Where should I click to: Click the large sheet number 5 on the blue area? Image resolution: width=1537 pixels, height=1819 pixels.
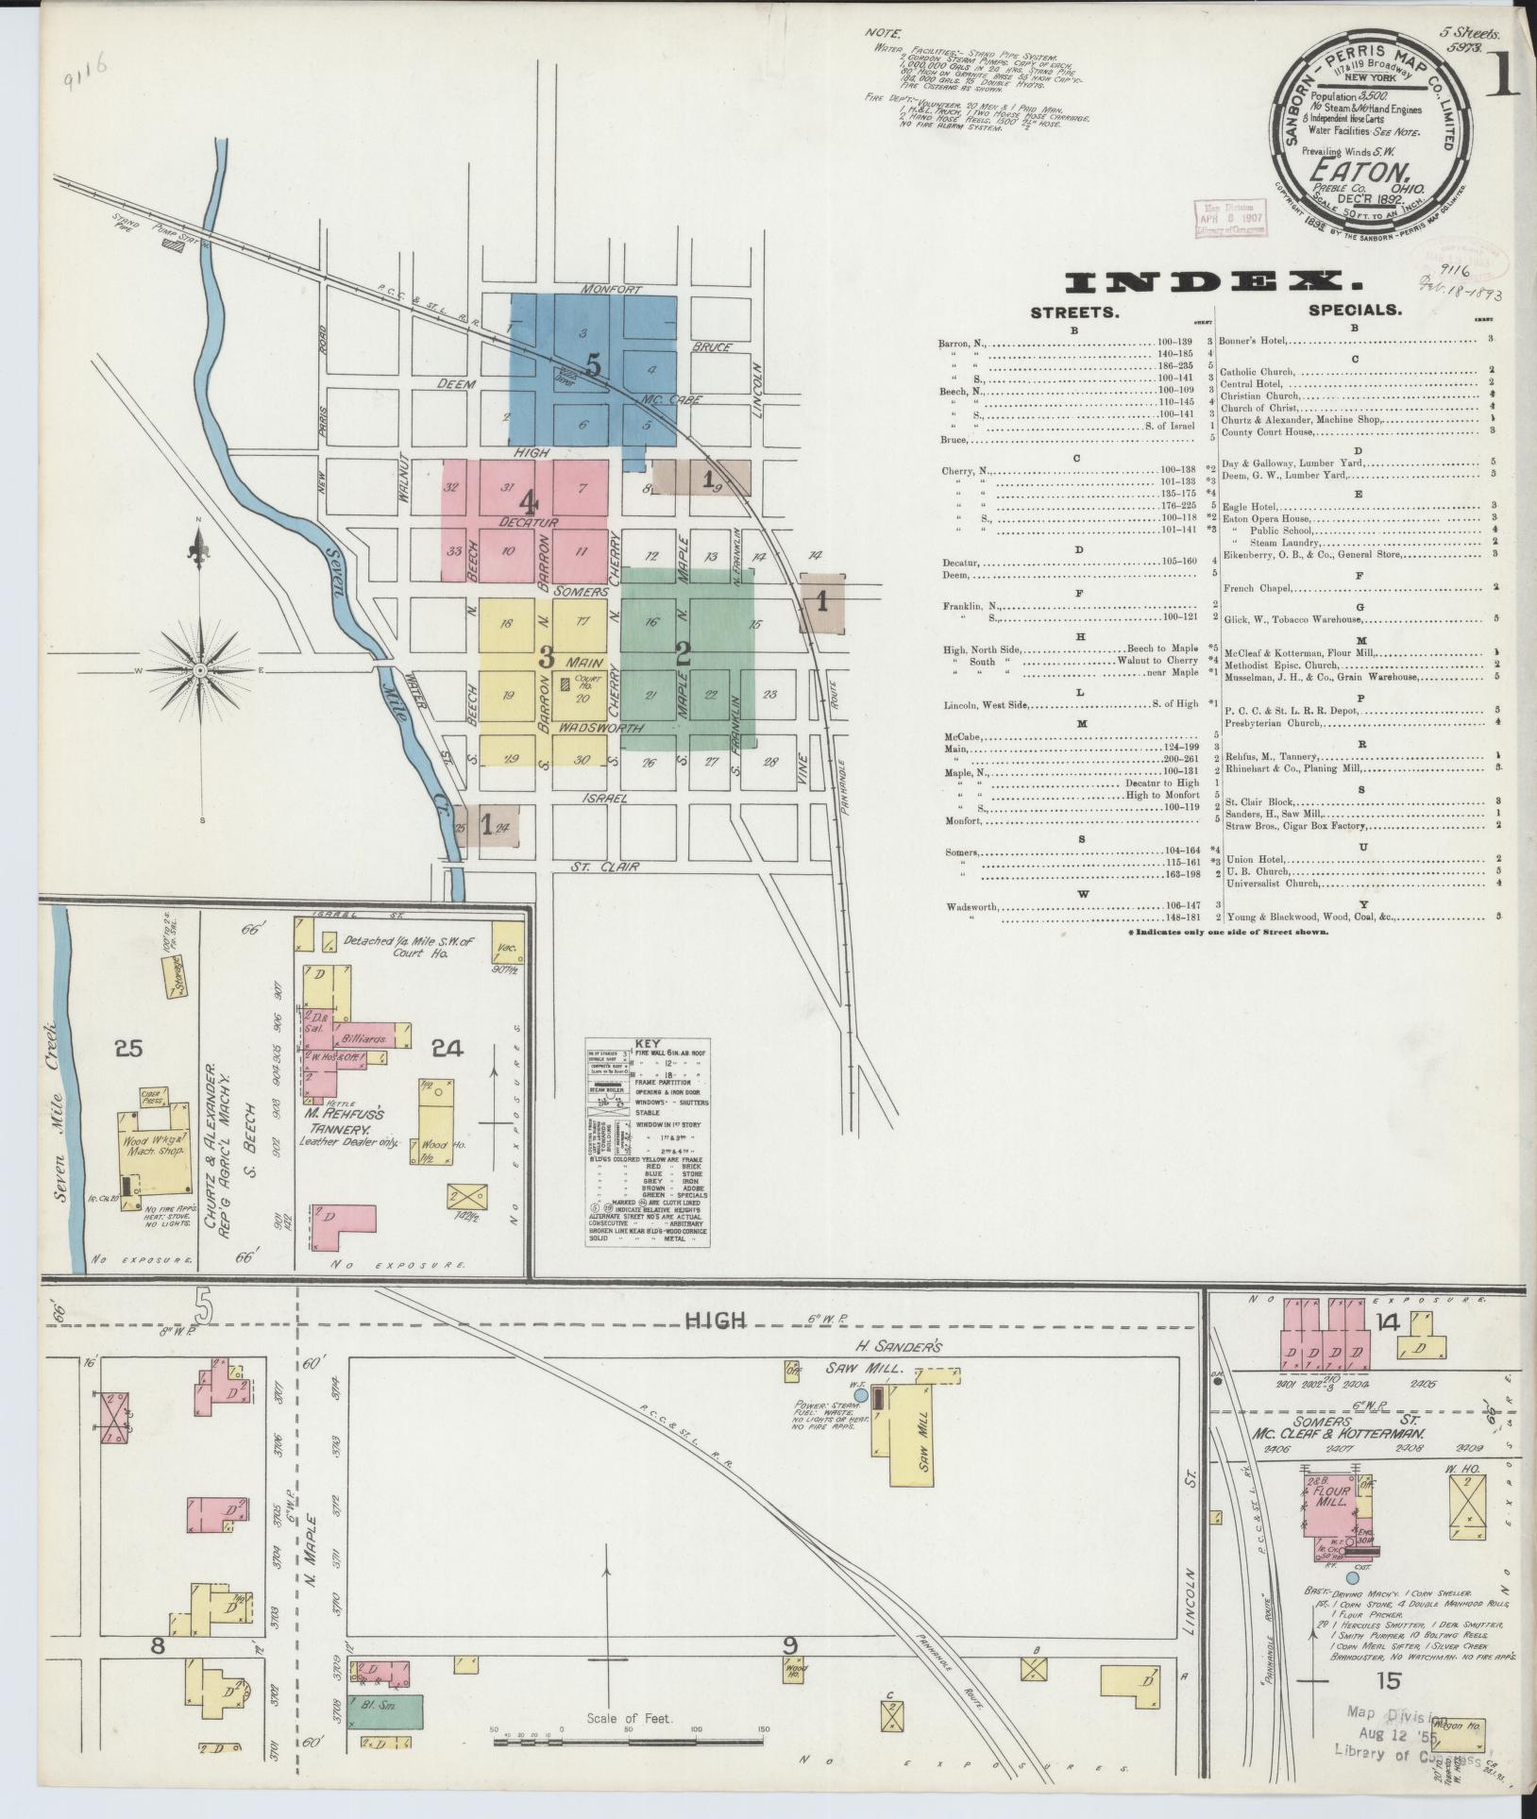click(593, 363)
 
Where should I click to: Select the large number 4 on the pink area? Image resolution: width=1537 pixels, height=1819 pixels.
click(528, 500)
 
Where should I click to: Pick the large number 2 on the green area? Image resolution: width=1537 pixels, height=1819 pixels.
click(684, 654)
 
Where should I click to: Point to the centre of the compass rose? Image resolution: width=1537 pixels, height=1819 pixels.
click(200, 669)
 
